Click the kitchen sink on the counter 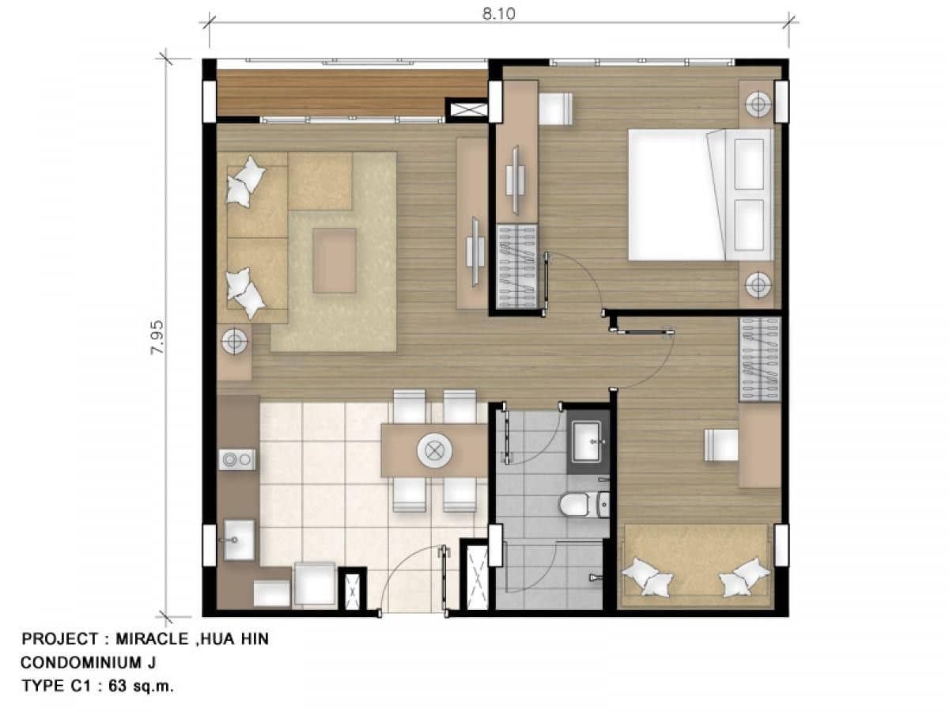click(x=238, y=540)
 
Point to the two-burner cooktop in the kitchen click(x=237, y=458)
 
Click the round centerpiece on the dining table click(x=433, y=451)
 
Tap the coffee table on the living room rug click(x=335, y=260)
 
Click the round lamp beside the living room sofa click(x=234, y=343)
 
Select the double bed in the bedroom click(x=701, y=195)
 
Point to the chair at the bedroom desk click(x=555, y=108)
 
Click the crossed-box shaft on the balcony click(x=467, y=109)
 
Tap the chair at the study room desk click(x=720, y=445)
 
